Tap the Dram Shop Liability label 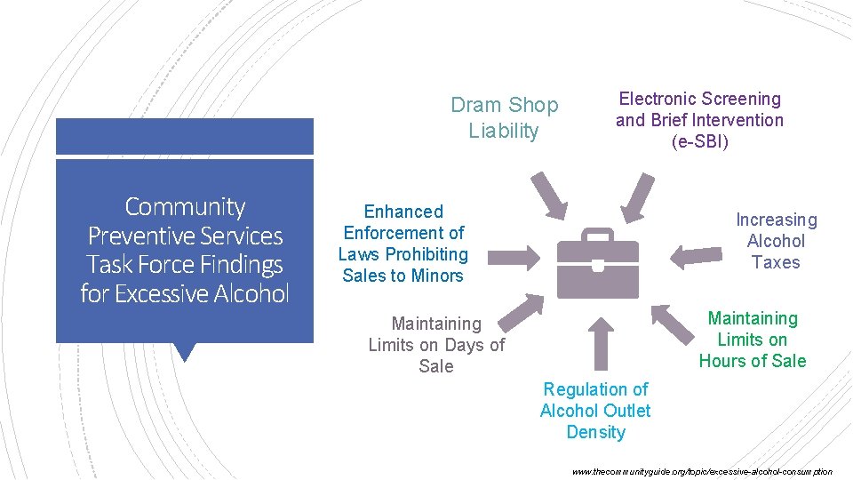[x=504, y=118]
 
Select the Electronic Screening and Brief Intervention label [x=699, y=120]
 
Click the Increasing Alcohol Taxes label [x=776, y=241]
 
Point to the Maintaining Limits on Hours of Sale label [x=753, y=340]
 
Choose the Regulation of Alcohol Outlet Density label [x=595, y=411]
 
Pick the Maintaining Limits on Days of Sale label [x=436, y=345]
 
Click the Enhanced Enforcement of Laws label [x=403, y=244]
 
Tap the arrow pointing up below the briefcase [x=601, y=342]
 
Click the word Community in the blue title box [x=185, y=207]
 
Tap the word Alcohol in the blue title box [x=251, y=292]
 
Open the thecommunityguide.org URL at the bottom [x=702, y=471]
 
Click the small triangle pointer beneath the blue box [x=185, y=352]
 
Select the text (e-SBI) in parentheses [x=699, y=141]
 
